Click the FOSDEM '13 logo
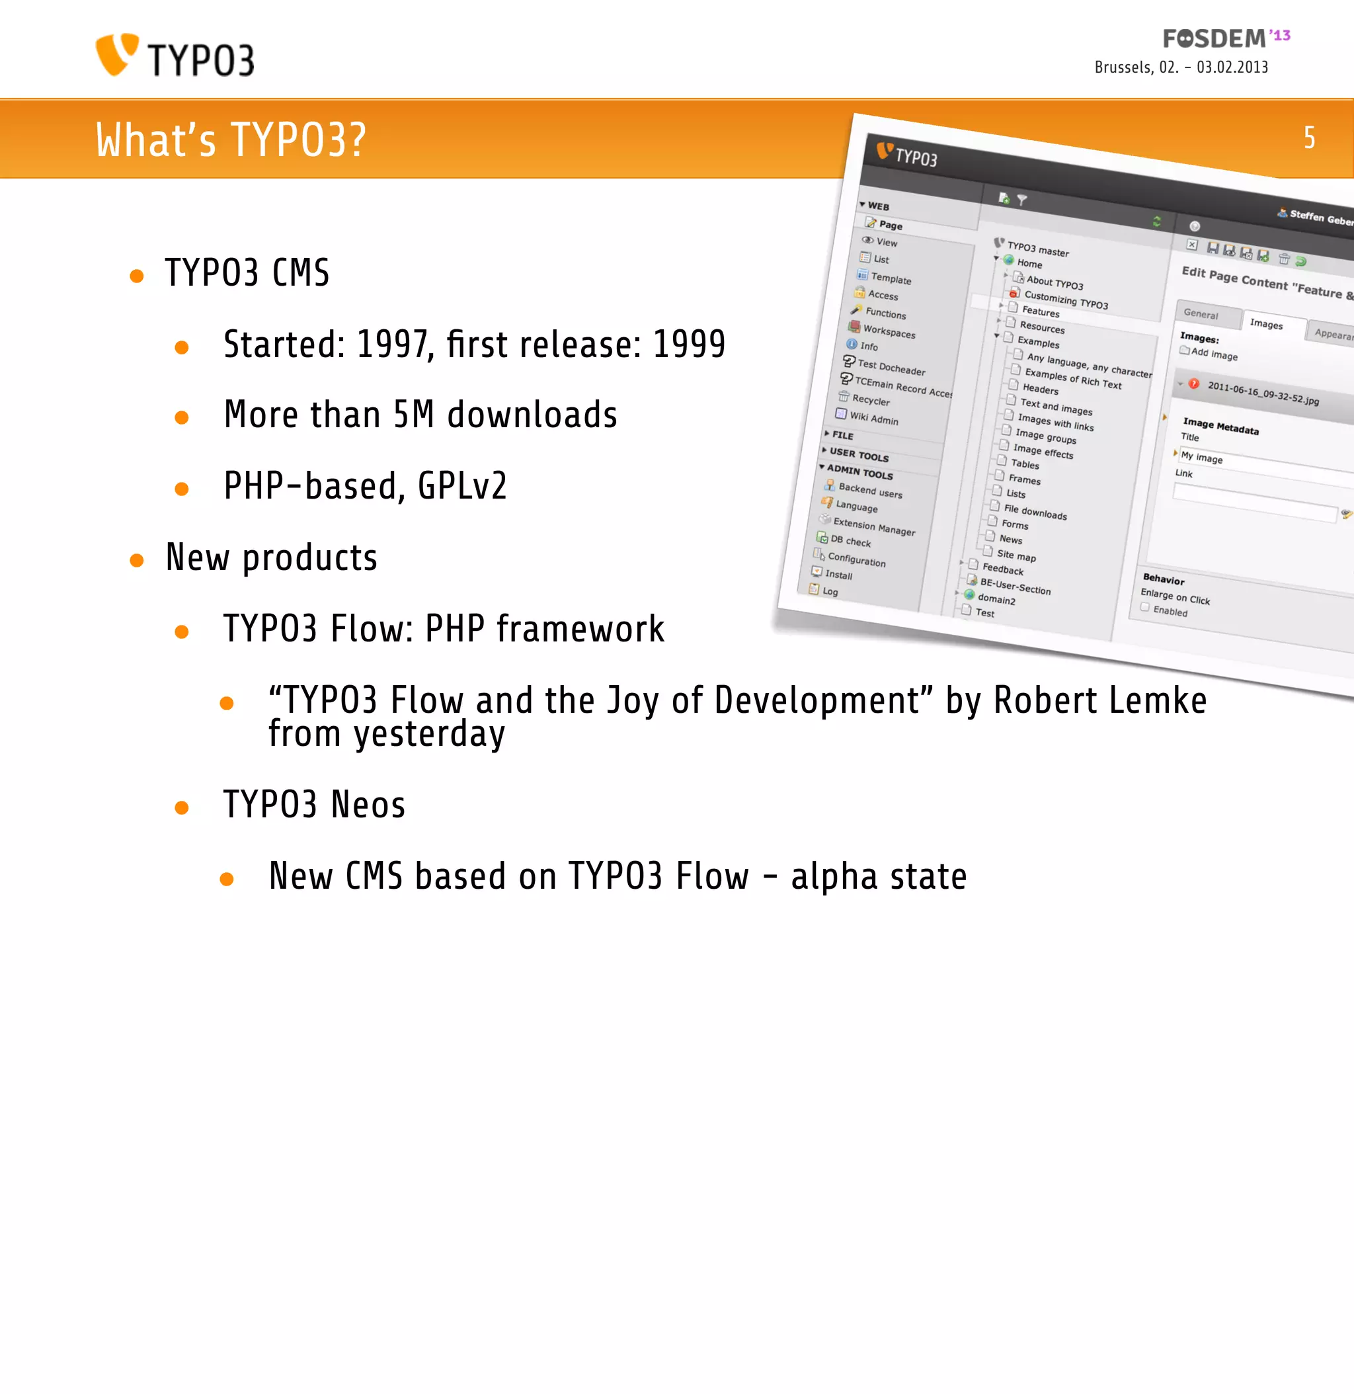pos(1225,38)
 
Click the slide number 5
pos(1308,138)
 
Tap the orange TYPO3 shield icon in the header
pos(116,54)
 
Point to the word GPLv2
pos(462,487)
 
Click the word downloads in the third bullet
pos(532,415)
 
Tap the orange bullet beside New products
pos(137,561)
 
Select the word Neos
pos(368,805)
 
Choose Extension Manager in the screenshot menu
pos(874,527)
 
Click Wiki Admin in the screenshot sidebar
pos(874,418)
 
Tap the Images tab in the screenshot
pos(1266,324)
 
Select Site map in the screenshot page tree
pos(1015,555)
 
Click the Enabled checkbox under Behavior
pos(1145,607)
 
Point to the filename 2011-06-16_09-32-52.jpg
pos(1263,393)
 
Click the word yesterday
pos(430,734)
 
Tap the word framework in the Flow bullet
pos(580,630)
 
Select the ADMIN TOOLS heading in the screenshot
pos(859,471)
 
